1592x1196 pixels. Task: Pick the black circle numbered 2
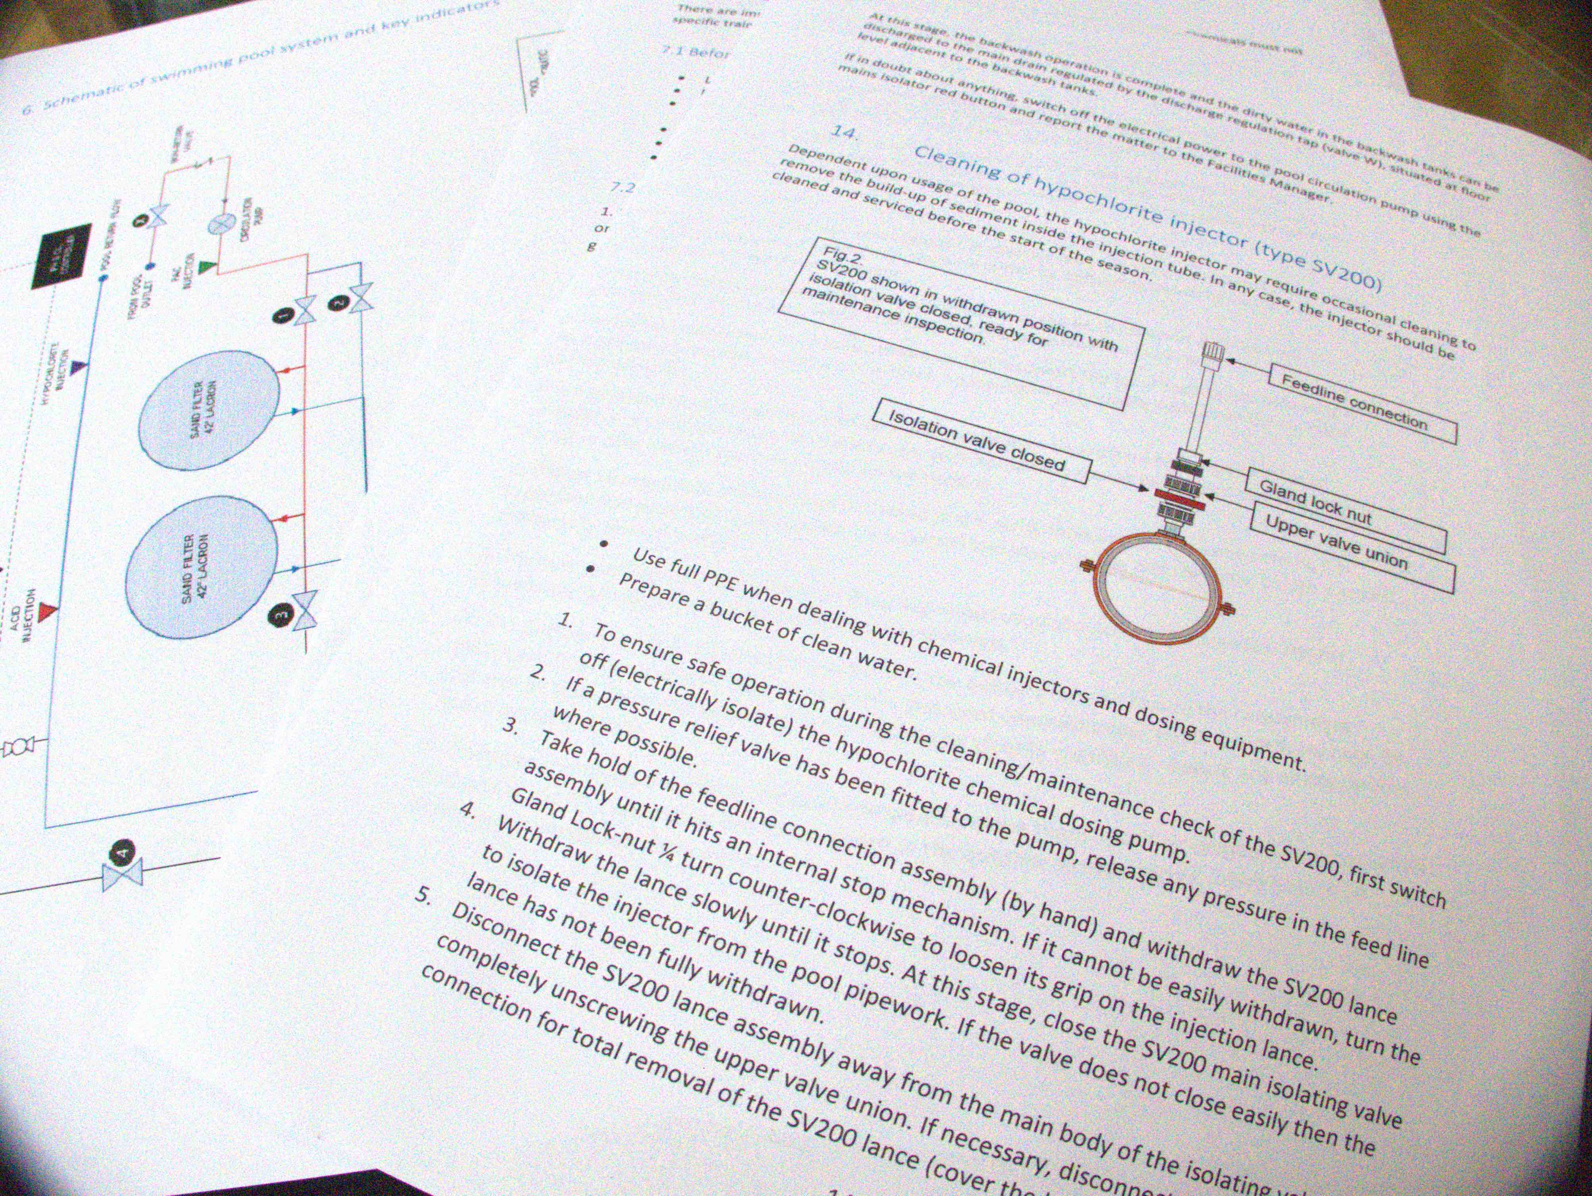pyautogui.click(x=338, y=303)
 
